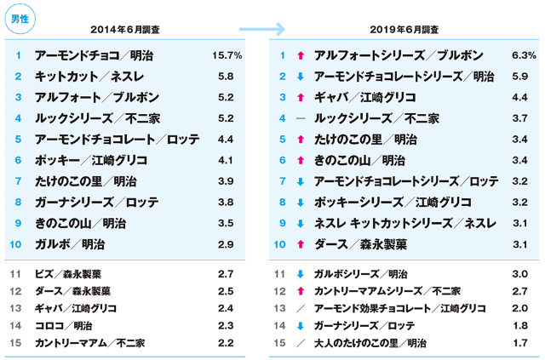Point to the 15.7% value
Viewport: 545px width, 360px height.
226,55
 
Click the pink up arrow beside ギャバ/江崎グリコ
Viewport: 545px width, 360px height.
301,98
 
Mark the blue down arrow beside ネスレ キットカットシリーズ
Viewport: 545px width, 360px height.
301,223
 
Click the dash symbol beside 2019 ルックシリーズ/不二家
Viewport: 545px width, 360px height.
301,118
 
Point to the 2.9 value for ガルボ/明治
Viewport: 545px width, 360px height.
226,244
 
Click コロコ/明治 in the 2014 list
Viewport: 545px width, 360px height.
65,325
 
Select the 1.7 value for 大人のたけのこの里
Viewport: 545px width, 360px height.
519,343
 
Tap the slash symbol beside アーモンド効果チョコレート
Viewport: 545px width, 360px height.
301,308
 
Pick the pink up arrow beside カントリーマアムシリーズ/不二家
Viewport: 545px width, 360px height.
301,291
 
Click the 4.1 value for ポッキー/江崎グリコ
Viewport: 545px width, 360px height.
226,160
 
